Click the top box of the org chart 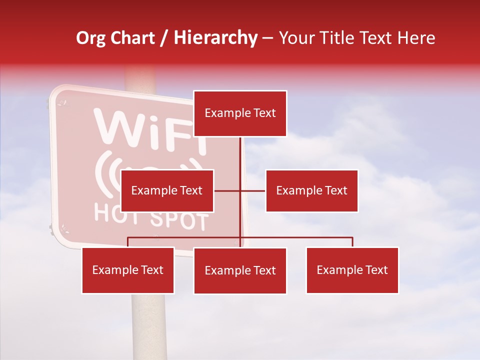pyautogui.click(x=240, y=113)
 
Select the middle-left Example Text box pyautogui.click(x=167, y=190)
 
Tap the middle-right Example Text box pyautogui.click(x=311, y=190)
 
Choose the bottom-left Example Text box pyautogui.click(x=128, y=270)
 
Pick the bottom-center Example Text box pyautogui.click(x=240, y=270)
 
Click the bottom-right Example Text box pyautogui.click(x=352, y=270)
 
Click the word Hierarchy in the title pyautogui.click(x=215, y=38)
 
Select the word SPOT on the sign pyautogui.click(x=178, y=220)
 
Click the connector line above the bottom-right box pyautogui.click(x=352, y=242)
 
